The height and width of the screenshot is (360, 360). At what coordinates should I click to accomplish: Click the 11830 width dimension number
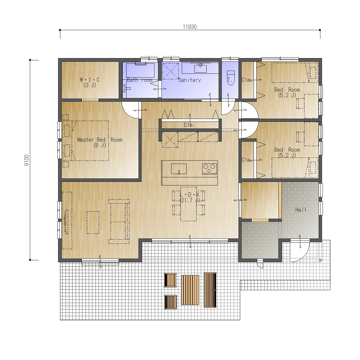[190, 27]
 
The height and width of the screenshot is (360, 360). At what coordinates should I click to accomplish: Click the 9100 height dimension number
[27, 160]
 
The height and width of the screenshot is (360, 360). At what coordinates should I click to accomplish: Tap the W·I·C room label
[90, 80]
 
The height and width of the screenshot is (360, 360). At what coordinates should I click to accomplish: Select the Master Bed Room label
[100, 140]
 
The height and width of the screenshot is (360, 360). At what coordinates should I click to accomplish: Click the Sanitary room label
[190, 80]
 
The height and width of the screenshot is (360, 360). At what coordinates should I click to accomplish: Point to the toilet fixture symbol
[231, 78]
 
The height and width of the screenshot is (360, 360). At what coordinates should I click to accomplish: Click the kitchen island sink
[179, 169]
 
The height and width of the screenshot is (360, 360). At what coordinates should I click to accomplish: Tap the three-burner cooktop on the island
[209, 169]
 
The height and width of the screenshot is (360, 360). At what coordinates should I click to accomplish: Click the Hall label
[301, 210]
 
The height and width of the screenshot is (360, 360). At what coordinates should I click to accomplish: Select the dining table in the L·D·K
[189, 204]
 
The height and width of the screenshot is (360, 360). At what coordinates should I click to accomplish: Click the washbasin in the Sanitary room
[201, 68]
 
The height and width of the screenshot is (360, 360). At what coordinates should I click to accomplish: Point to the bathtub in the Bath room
[140, 70]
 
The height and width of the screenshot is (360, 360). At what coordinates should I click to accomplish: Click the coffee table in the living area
[93, 223]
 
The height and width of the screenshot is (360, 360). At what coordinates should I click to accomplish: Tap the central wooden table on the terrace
[190, 290]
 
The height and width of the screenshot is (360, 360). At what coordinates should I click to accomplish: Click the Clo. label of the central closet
[189, 125]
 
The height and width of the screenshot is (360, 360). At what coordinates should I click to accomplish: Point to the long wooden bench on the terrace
[210, 290]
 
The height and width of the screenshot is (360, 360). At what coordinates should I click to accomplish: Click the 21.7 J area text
[190, 200]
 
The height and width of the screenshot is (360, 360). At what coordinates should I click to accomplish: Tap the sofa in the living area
[119, 221]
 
